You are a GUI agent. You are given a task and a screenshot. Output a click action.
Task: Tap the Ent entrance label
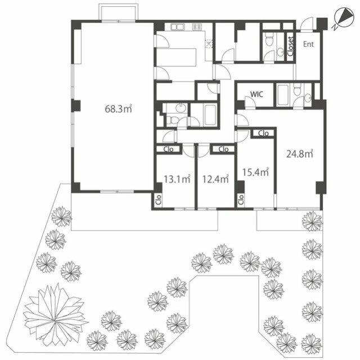[309, 43]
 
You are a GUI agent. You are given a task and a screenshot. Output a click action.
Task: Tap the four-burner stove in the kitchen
[197, 26]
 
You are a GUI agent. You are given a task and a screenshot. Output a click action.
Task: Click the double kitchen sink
[177, 26]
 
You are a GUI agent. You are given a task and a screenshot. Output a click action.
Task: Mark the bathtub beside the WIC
[282, 94]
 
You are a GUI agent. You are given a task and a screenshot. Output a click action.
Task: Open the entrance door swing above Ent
[308, 24]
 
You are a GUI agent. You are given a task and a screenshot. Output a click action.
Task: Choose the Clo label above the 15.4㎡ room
[263, 133]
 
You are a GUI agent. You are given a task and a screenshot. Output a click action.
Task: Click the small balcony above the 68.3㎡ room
[117, 13]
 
